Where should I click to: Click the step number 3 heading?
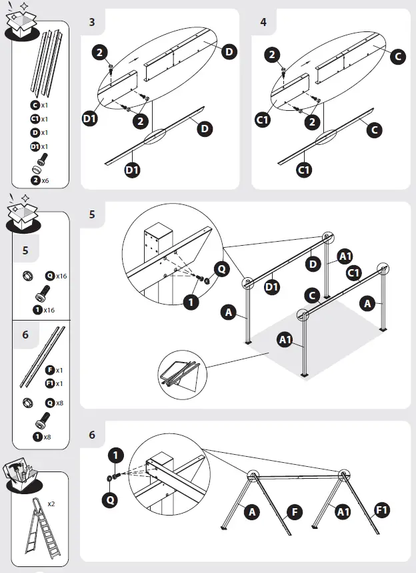coord(92,22)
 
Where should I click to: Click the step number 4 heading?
coord(263,22)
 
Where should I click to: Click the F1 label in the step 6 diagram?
coord(382,511)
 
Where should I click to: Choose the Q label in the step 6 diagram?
coord(114,498)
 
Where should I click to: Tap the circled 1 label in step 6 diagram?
coord(115,455)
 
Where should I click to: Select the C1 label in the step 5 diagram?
coord(353,272)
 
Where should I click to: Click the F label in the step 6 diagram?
coord(293,513)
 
